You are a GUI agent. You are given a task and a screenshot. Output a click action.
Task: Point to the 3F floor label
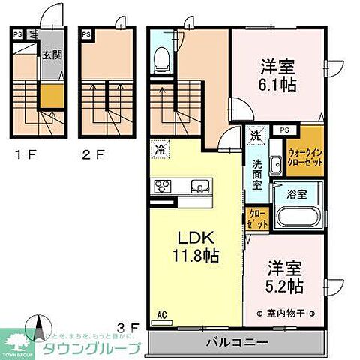(128, 326)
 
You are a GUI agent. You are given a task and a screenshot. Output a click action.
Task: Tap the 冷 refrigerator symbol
(160, 148)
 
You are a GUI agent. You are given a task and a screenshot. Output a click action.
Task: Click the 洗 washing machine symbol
(256, 136)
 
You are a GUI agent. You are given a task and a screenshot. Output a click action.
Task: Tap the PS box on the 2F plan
(86, 34)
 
